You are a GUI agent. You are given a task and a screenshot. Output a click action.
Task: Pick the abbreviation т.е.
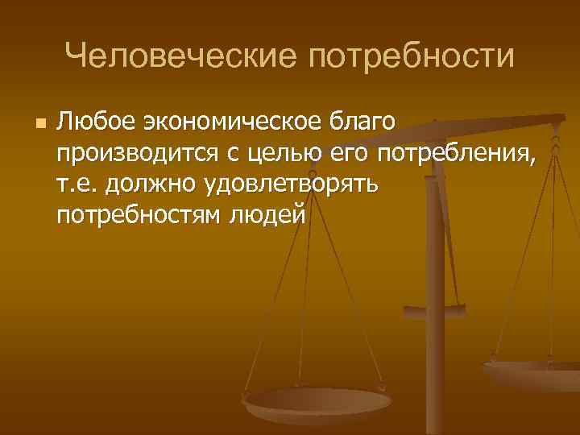pos(77,184)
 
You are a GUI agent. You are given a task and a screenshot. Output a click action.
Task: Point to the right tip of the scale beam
pos(559,121)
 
